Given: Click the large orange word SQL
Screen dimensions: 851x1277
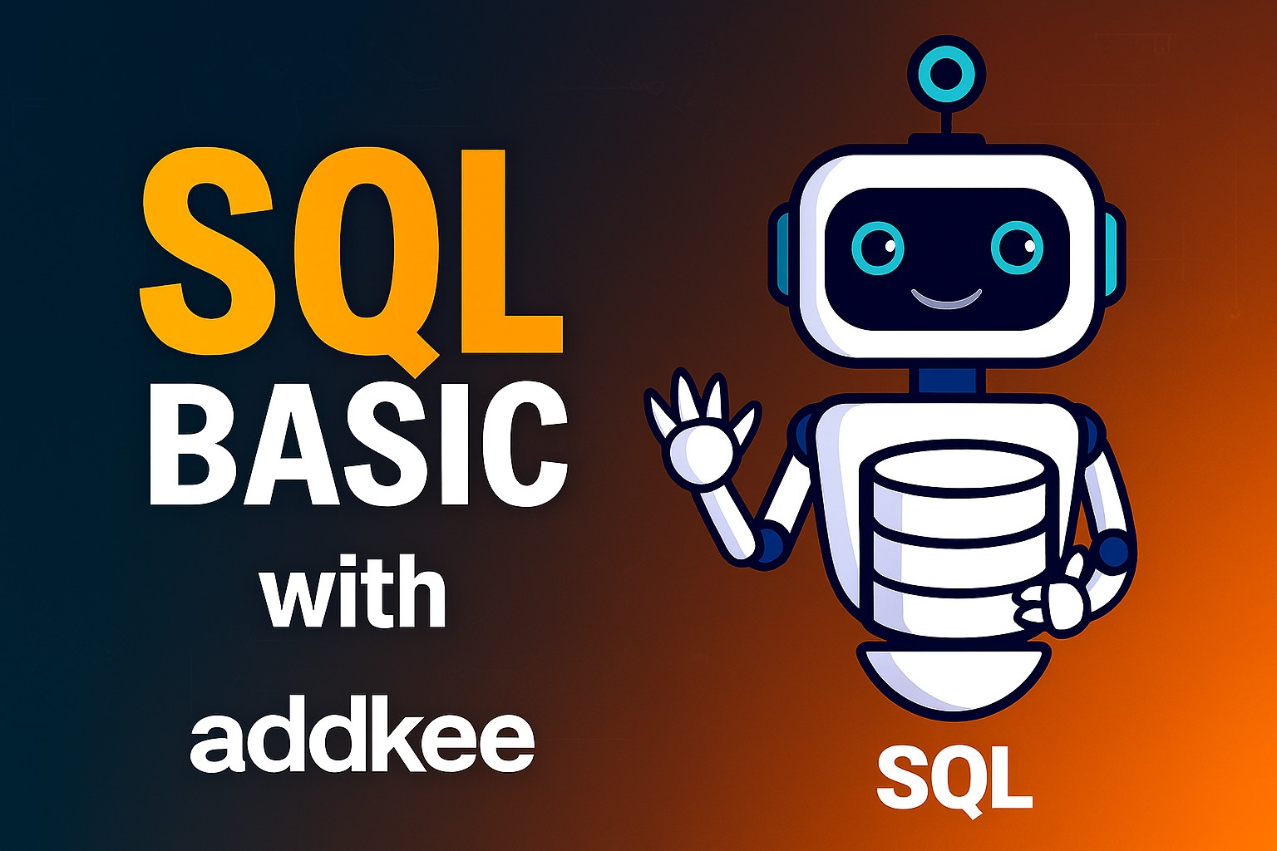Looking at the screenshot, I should coord(349,249).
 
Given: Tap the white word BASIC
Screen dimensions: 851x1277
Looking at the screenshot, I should coord(357,450).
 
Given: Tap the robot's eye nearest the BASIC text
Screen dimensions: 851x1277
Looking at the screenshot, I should coord(878,247).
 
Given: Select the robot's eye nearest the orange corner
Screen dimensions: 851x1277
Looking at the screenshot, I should coord(1016,247).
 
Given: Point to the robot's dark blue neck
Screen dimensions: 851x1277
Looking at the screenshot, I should coord(947,380).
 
